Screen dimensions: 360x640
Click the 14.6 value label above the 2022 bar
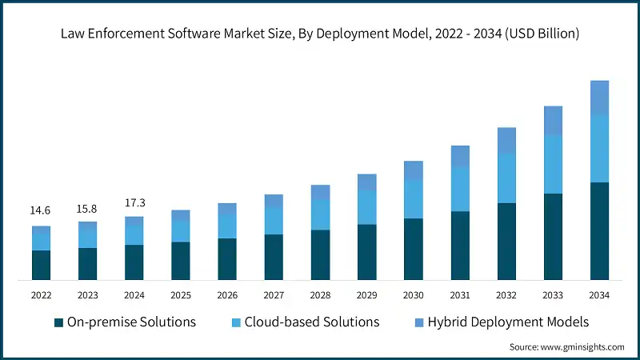(41, 210)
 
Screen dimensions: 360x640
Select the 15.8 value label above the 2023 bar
(87, 208)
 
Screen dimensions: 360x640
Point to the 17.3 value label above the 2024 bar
(134, 202)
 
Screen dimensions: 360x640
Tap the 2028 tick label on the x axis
(320, 295)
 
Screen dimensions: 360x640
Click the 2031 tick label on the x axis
(459, 295)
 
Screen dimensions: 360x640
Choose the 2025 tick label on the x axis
(180, 295)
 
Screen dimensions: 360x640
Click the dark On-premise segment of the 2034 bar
(599, 231)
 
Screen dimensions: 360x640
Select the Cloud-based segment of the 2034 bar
(599, 149)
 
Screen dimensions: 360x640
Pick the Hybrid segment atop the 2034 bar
(599, 98)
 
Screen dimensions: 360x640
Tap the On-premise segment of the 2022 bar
(41, 265)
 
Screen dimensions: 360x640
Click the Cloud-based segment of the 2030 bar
(413, 199)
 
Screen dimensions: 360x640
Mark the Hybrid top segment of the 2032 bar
(506, 141)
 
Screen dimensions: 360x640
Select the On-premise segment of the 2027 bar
(274, 257)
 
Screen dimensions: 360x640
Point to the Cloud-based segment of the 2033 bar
(553, 164)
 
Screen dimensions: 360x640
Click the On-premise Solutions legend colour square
(58, 322)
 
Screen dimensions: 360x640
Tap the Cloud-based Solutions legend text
(311, 322)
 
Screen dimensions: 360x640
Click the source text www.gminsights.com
(584, 347)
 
